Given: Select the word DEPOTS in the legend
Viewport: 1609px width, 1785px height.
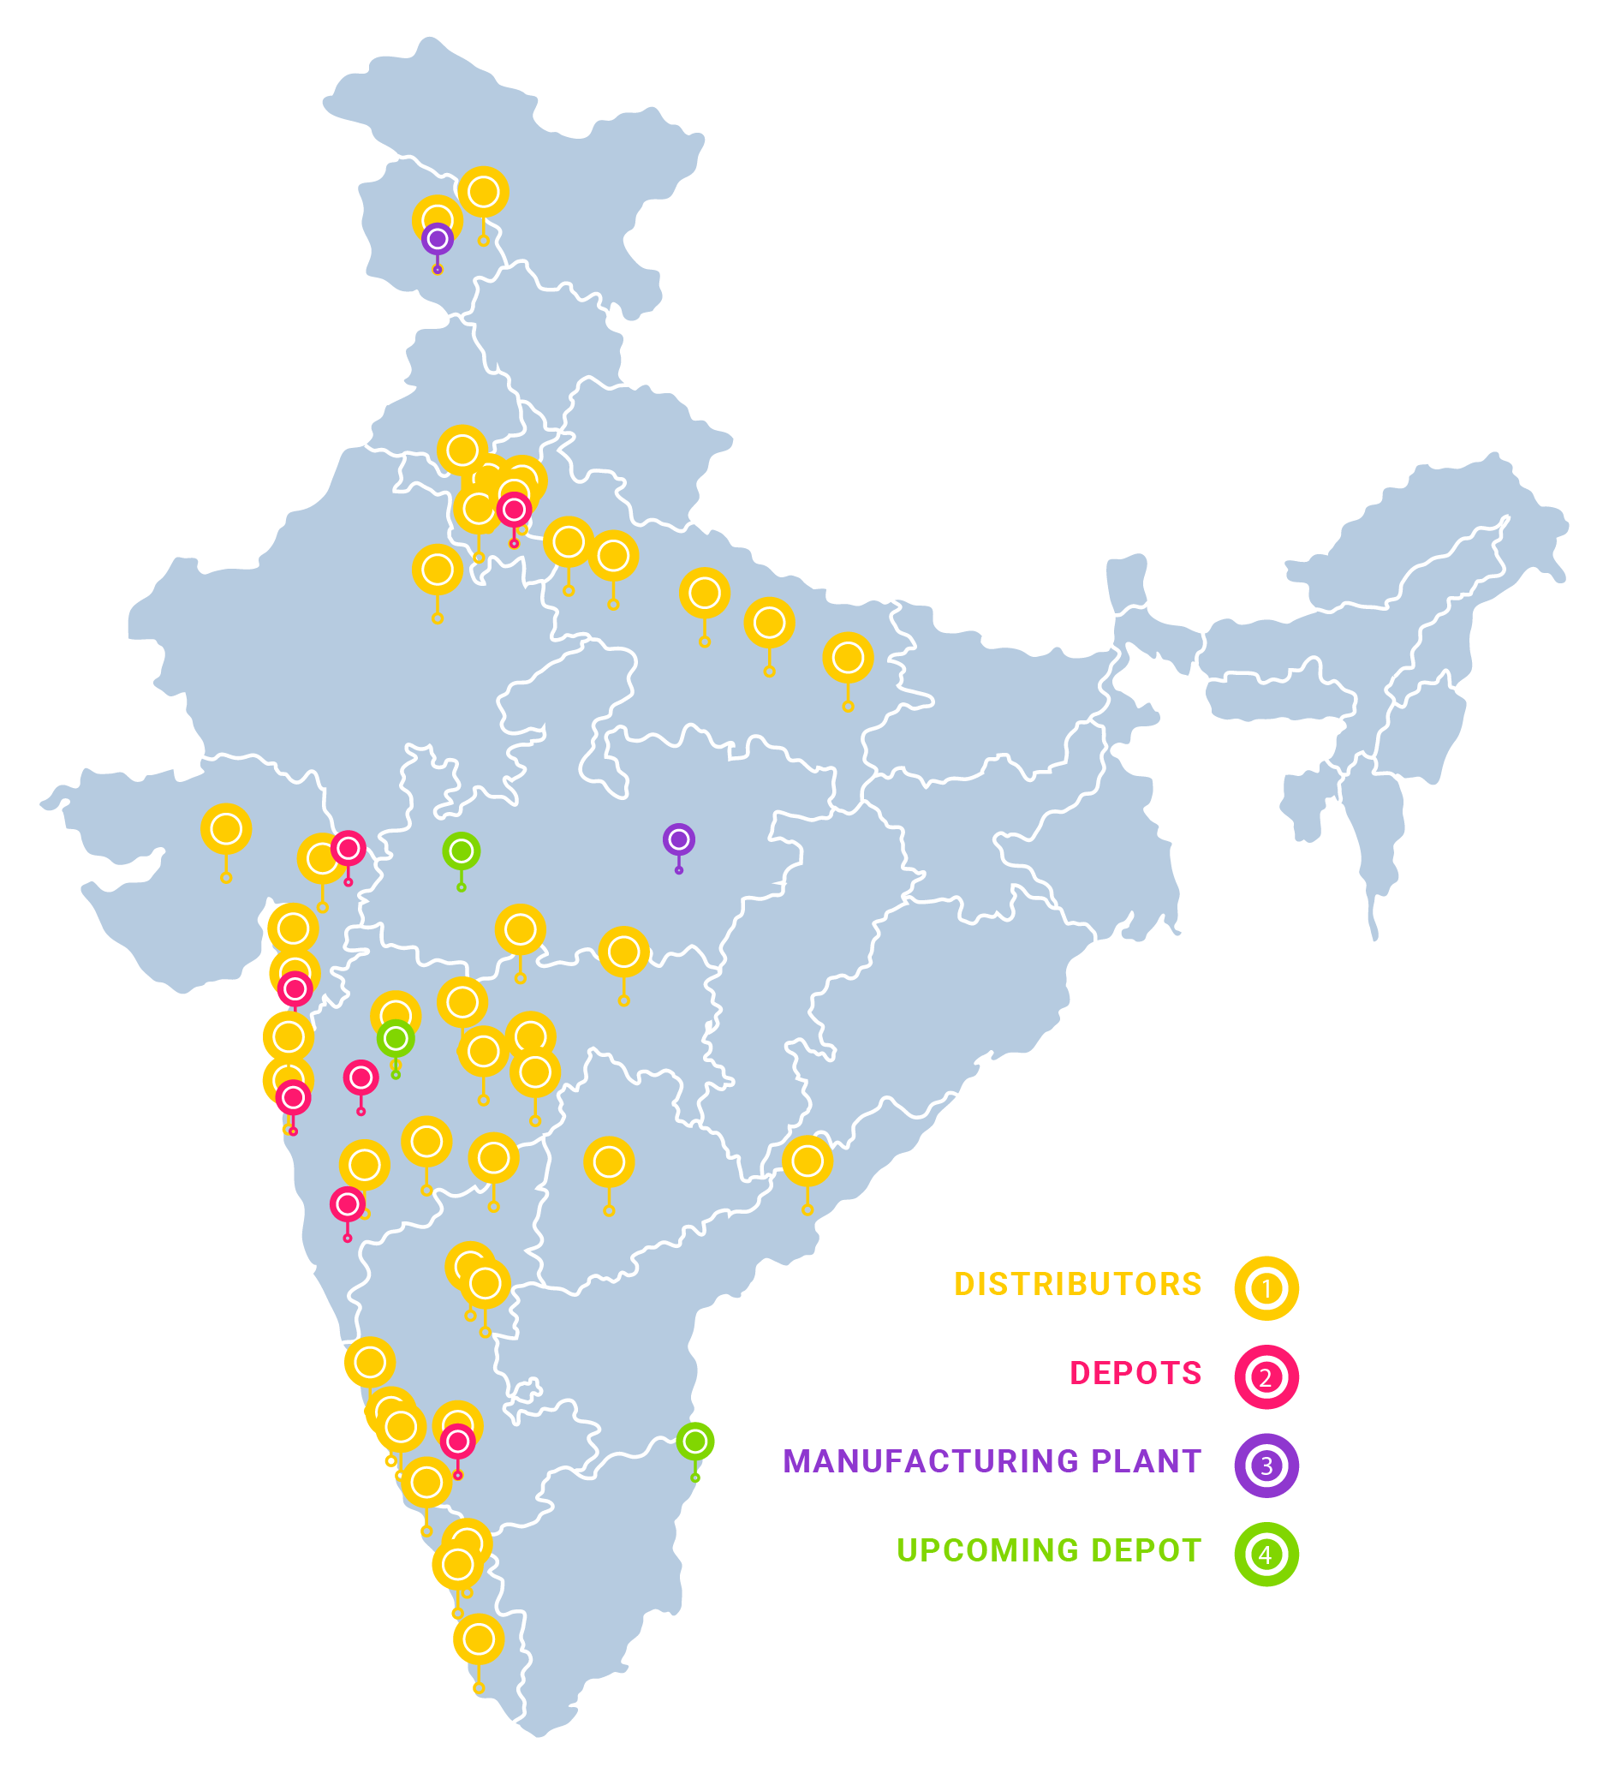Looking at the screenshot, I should click(1135, 1373).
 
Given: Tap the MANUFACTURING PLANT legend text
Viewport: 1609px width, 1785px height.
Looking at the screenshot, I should click(991, 1461).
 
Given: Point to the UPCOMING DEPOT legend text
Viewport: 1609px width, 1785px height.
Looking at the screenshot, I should click(1048, 1550).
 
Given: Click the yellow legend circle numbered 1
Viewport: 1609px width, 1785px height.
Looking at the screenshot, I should click(1266, 1288).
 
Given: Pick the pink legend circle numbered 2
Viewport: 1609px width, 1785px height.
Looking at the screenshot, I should click(1266, 1376).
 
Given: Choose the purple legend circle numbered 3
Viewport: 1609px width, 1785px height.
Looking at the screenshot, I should click(1266, 1465).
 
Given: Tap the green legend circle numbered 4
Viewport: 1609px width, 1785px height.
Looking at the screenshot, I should click(1266, 1555).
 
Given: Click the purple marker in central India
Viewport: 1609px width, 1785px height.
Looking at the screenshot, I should click(678, 839).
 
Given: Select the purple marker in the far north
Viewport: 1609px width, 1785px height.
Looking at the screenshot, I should click(437, 239).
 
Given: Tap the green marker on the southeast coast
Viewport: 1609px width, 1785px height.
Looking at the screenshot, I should click(694, 1441).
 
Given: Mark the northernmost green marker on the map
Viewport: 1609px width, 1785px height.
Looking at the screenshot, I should click(461, 851).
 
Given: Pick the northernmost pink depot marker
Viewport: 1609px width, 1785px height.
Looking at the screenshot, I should click(514, 510).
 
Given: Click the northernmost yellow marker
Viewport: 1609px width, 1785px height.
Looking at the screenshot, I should click(483, 192).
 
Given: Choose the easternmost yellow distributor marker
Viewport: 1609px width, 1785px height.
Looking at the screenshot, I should click(848, 658).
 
